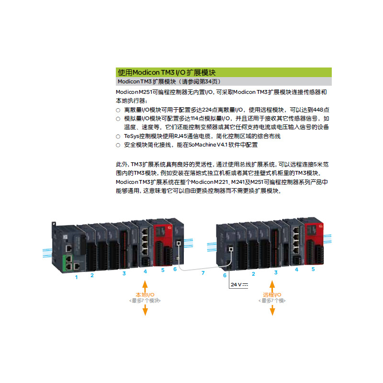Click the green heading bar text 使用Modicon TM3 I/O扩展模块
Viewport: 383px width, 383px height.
point(167,72)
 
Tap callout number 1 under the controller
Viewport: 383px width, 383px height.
point(76,277)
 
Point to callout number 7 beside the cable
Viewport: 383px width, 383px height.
point(203,273)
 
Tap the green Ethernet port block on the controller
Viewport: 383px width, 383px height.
point(68,263)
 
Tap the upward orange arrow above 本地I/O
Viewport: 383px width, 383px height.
point(145,284)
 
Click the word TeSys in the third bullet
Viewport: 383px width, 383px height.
point(131,136)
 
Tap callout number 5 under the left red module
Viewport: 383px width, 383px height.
point(163,270)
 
